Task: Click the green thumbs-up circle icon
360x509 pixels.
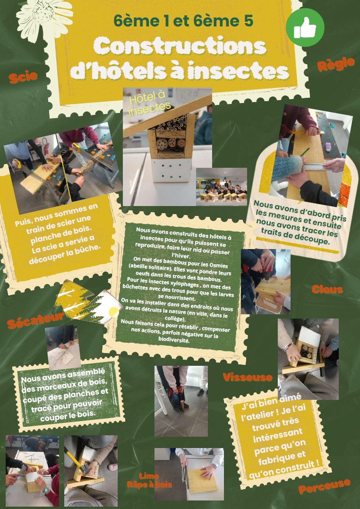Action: click(x=305, y=27)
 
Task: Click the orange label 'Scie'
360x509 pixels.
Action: click(x=23, y=77)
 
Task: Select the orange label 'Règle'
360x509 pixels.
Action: click(x=335, y=64)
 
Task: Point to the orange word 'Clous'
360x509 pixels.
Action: click(x=327, y=289)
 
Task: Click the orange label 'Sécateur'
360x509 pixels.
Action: click(x=35, y=319)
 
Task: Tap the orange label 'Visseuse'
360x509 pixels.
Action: click(x=248, y=377)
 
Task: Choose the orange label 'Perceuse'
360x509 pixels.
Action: click(x=324, y=486)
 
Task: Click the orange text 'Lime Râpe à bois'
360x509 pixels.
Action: click(x=149, y=481)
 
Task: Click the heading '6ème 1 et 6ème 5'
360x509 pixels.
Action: click(x=183, y=20)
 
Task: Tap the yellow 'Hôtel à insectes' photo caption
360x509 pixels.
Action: click(x=149, y=102)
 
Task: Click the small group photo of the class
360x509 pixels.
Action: click(x=222, y=187)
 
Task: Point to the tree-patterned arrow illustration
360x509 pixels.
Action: click(x=88, y=302)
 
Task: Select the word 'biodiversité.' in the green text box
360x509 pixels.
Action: click(x=174, y=340)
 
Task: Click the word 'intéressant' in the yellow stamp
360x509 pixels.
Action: click(x=277, y=436)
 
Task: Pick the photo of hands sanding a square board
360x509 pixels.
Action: click(x=189, y=474)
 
